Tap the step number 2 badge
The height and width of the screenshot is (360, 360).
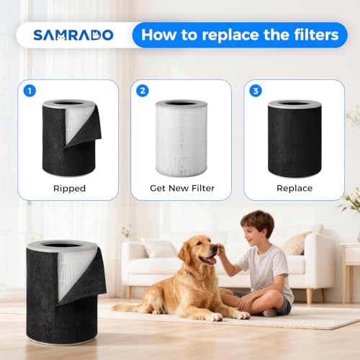[x=142, y=91]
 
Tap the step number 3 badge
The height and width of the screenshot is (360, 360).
[x=254, y=91]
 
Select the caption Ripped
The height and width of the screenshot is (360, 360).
[x=69, y=188]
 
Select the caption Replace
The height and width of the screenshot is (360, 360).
[x=294, y=188]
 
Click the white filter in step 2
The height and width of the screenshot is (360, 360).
[x=181, y=139]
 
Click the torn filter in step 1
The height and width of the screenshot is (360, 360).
[x=69, y=138]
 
